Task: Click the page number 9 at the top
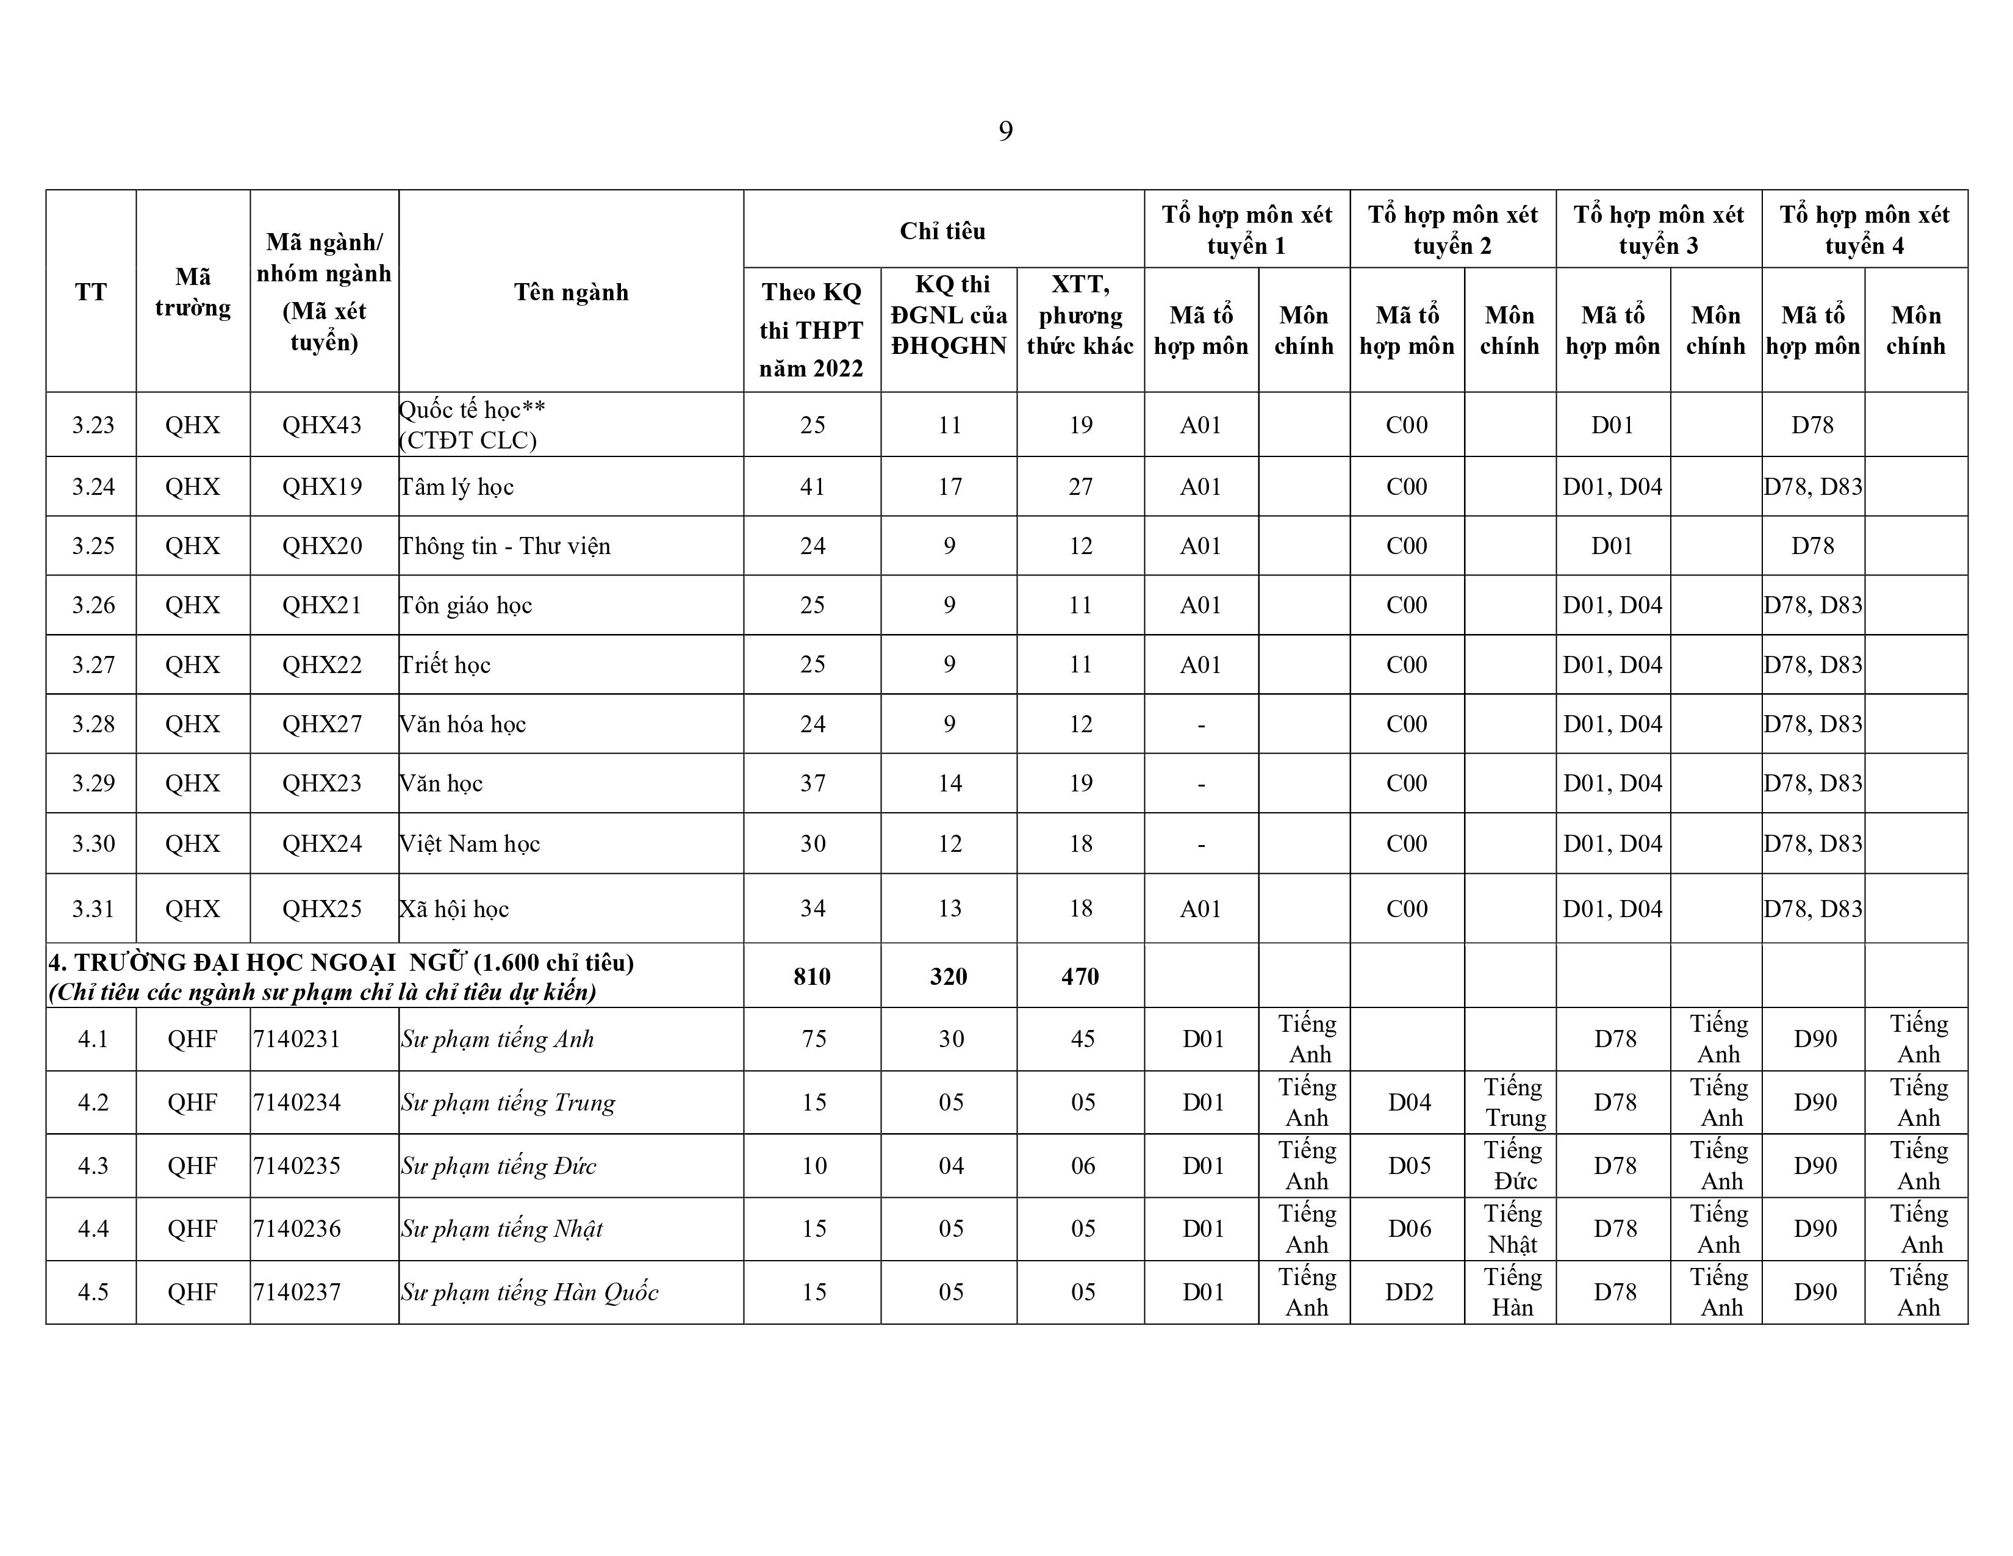[1005, 132]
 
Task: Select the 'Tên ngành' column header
[570, 292]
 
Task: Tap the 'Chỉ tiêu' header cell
[943, 231]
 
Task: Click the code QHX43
[321, 425]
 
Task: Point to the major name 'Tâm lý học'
[457, 487]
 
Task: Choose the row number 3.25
[93, 546]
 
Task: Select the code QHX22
[321, 665]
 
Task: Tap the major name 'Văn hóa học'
[463, 724]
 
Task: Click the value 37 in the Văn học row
[812, 783]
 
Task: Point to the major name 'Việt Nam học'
[470, 843]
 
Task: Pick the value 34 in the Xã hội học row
[812, 909]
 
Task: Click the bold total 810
[812, 976]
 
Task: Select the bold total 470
[1080, 976]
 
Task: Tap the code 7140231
[297, 1039]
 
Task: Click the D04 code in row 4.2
[1409, 1103]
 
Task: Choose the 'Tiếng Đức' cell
[1513, 1165]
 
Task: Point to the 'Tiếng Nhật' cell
[1513, 1229]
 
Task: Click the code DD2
[1409, 1292]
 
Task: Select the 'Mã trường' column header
[193, 292]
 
